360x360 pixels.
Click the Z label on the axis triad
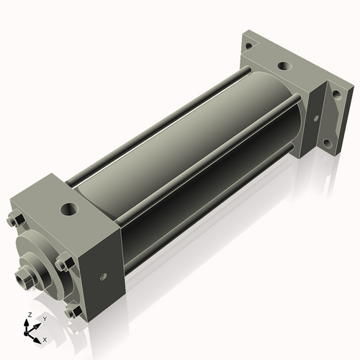click(27, 315)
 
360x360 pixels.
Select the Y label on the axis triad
click(44, 318)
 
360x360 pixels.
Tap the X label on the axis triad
click(45, 338)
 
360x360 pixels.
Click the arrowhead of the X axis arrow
click(39, 336)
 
